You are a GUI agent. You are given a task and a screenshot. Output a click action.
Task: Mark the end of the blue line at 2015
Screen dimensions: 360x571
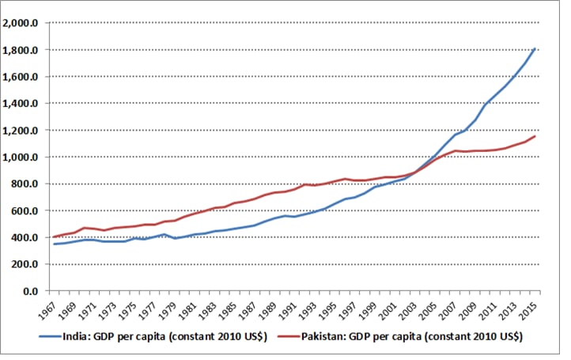click(x=535, y=49)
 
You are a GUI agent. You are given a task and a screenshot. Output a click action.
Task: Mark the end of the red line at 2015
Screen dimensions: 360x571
click(x=535, y=136)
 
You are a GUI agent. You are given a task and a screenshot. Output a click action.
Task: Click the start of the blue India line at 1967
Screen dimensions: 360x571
click(x=54, y=244)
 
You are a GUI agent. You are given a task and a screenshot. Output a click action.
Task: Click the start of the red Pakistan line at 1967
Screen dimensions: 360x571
click(x=54, y=237)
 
